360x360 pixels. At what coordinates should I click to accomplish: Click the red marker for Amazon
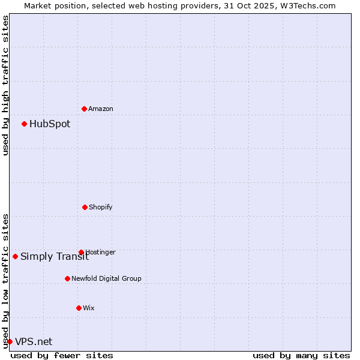pyautogui.click(x=84, y=109)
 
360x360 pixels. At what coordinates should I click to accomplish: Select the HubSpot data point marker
pyautogui.click(x=24, y=124)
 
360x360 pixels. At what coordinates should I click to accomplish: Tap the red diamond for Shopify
pyautogui.click(x=85, y=207)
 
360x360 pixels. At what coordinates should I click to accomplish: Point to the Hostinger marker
pyautogui.click(x=81, y=252)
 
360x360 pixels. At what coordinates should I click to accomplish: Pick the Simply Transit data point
pyautogui.click(x=15, y=256)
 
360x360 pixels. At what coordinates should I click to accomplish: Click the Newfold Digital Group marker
pyautogui.click(x=67, y=278)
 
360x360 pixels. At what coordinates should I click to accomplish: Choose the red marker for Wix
pyautogui.click(x=79, y=308)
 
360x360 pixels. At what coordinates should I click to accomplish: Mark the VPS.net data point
pyautogui.click(x=10, y=341)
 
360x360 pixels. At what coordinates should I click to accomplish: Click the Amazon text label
pyautogui.click(x=101, y=109)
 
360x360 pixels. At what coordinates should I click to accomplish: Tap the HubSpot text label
pyautogui.click(x=50, y=124)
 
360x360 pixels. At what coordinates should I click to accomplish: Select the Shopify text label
pyautogui.click(x=101, y=207)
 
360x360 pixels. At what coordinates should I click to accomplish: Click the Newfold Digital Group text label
pyautogui.click(x=106, y=278)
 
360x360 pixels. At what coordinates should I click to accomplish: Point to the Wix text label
pyautogui.click(x=89, y=308)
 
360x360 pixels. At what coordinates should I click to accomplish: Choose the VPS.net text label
pyautogui.click(x=34, y=342)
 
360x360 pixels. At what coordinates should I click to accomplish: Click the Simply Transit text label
pyautogui.click(x=54, y=257)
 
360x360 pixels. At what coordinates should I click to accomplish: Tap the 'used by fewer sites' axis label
pyautogui.click(x=62, y=355)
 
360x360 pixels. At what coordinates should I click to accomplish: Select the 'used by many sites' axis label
pyautogui.click(x=301, y=355)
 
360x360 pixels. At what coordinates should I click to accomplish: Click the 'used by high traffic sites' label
pyautogui.click(x=5, y=85)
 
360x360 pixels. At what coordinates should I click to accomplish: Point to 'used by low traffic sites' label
pyautogui.click(x=5, y=280)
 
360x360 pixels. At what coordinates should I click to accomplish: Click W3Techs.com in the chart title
pyautogui.click(x=307, y=5)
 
